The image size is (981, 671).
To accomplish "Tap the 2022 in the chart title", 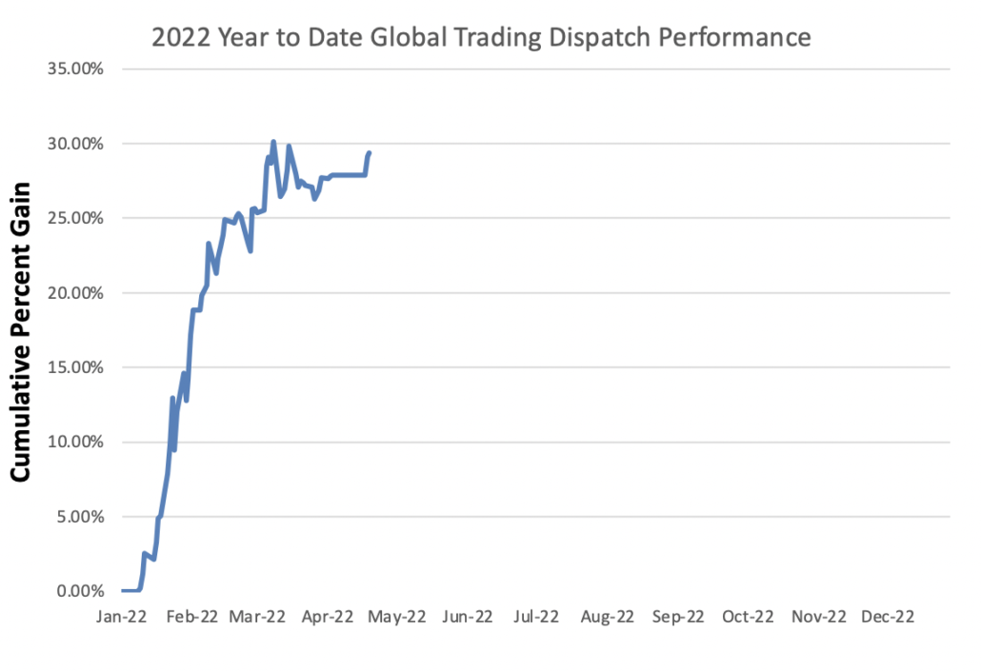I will [181, 37].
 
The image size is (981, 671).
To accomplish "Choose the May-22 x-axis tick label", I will [398, 617].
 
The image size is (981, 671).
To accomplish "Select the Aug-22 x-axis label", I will [607, 617].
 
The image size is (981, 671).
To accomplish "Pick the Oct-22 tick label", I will [748, 617].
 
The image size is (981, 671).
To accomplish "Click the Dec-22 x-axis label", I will [888, 617].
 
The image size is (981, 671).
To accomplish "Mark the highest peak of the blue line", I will [273, 142].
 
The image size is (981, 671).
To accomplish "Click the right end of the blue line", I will [370, 152].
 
